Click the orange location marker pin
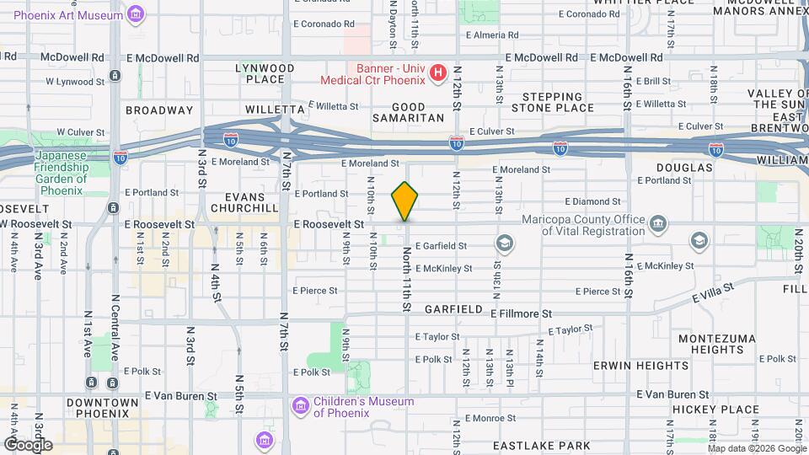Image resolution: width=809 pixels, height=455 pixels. (x=405, y=201)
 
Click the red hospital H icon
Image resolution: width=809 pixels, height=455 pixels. (x=437, y=73)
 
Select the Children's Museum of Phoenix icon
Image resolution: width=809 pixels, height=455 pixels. (x=300, y=407)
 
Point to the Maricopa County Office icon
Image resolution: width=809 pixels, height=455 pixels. (x=658, y=224)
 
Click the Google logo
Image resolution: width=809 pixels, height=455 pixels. (x=27, y=444)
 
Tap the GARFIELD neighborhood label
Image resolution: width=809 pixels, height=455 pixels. (x=453, y=309)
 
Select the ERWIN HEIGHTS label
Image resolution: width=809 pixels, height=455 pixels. (x=640, y=366)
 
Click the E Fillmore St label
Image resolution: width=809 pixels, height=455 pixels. (x=521, y=313)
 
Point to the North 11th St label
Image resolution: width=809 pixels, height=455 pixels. (x=407, y=277)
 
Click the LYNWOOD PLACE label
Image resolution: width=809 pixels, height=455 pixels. (x=265, y=73)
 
